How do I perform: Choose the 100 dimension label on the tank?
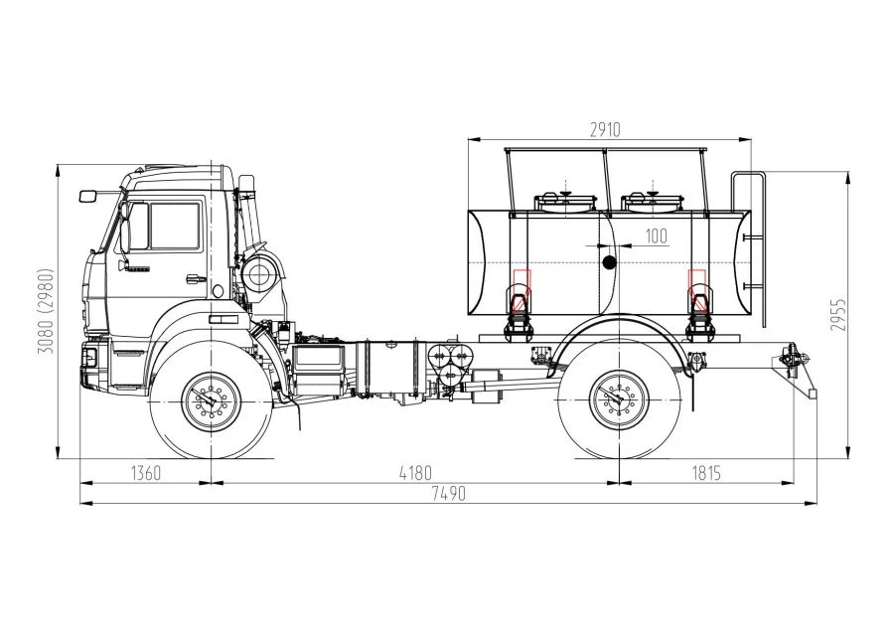tap(657, 236)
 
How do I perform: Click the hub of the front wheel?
tap(212, 402)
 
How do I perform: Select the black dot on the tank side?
tap(610, 262)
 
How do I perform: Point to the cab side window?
tap(175, 227)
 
